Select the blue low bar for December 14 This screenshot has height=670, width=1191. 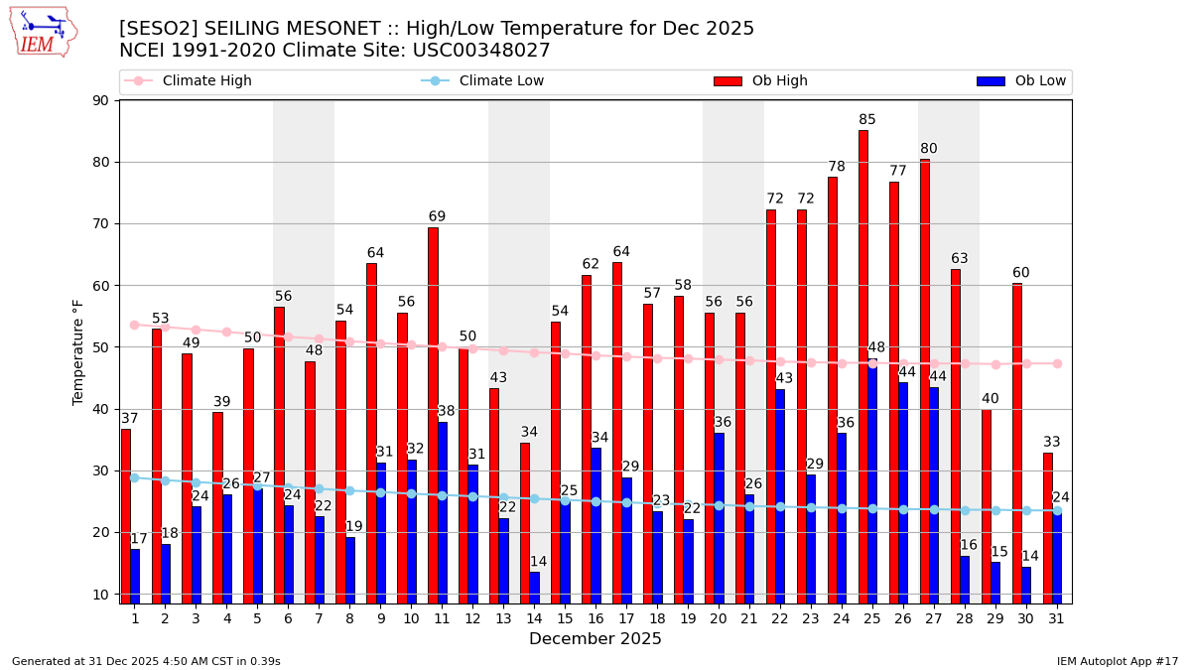(x=535, y=587)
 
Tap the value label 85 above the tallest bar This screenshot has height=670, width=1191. (x=867, y=120)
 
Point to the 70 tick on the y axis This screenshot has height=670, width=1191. (x=101, y=224)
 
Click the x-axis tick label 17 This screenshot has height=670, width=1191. (x=626, y=618)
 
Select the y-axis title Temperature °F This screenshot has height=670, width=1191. (x=78, y=351)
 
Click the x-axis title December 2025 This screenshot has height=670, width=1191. (x=595, y=639)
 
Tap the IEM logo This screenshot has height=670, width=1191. (x=43, y=32)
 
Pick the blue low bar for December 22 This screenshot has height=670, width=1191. (x=780, y=495)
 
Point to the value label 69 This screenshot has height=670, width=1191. (x=437, y=216)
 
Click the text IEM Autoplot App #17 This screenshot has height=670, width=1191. (x=1118, y=661)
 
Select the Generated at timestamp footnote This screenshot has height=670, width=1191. (x=146, y=661)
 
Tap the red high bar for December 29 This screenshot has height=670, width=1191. (x=987, y=506)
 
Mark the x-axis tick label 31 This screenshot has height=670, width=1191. (x=1056, y=618)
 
